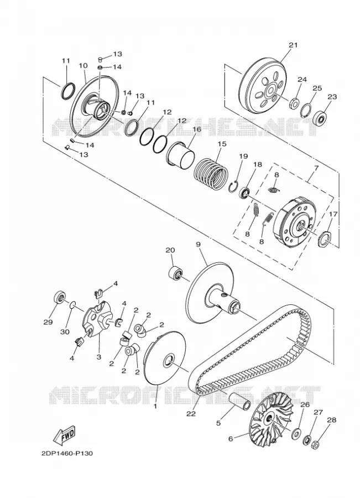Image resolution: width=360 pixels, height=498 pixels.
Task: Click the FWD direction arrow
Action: [65, 435]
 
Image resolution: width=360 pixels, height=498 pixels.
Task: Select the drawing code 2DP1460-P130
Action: [67, 453]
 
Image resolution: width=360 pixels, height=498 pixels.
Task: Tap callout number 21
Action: [293, 45]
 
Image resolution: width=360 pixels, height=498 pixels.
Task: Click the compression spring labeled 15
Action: [211, 174]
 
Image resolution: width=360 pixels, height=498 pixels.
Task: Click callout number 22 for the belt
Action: [191, 414]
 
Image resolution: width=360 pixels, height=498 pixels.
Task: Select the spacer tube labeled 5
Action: [239, 402]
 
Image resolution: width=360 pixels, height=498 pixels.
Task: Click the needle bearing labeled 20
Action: [175, 273]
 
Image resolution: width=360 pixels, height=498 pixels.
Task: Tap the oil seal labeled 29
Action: [59, 297]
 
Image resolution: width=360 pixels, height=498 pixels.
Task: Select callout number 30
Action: [65, 331]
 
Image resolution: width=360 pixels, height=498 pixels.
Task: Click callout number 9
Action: [199, 244]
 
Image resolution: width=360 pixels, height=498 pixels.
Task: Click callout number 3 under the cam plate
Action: [99, 357]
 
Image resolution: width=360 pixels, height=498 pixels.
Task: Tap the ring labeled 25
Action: [306, 108]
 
